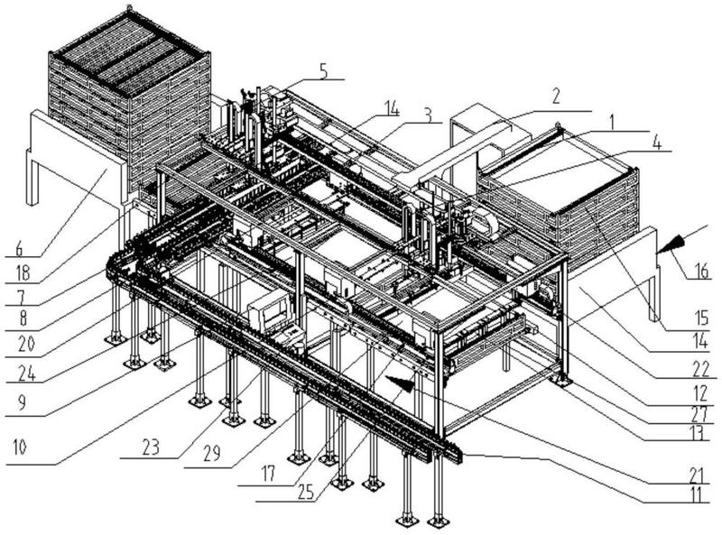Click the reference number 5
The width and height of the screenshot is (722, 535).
coord(324,71)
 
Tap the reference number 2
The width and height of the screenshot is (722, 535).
coord(556,97)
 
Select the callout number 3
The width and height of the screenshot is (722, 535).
coord(428,115)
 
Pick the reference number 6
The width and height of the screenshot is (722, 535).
coord(19,250)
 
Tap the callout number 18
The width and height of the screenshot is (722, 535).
coord(22,273)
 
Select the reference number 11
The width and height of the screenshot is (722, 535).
coord(700,494)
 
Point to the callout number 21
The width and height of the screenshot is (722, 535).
coord(700,474)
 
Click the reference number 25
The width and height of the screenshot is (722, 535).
coord(306,493)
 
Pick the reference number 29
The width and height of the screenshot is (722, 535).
coord(212,453)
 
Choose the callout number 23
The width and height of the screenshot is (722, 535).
coord(150,447)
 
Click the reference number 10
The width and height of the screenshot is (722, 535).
coord(19,447)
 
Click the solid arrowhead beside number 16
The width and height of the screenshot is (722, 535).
coord(670,244)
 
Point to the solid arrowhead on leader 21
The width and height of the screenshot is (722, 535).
coord(400,383)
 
